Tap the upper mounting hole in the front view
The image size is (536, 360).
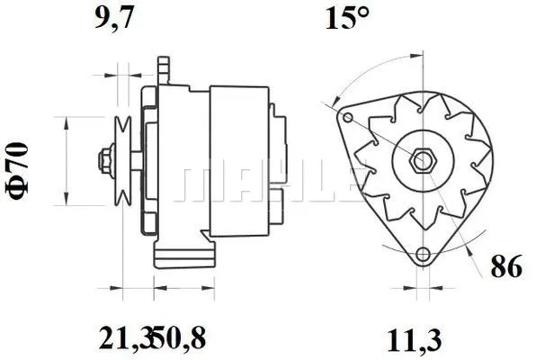(x=347, y=117)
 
